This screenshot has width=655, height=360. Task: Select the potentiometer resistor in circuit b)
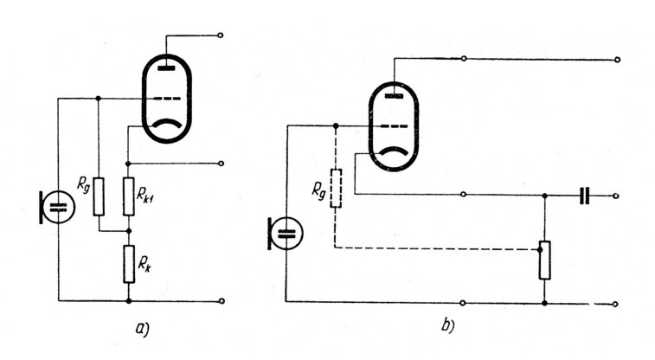(544, 260)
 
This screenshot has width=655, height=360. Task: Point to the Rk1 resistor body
(128, 196)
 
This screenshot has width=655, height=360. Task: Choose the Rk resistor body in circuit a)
(128, 264)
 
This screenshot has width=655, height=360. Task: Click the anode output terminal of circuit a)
(222, 36)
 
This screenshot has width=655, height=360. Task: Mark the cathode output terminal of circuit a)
(222, 162)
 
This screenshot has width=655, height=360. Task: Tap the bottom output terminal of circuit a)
(222, 301)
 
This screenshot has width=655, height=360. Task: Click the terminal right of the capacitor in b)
(615, 196)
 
